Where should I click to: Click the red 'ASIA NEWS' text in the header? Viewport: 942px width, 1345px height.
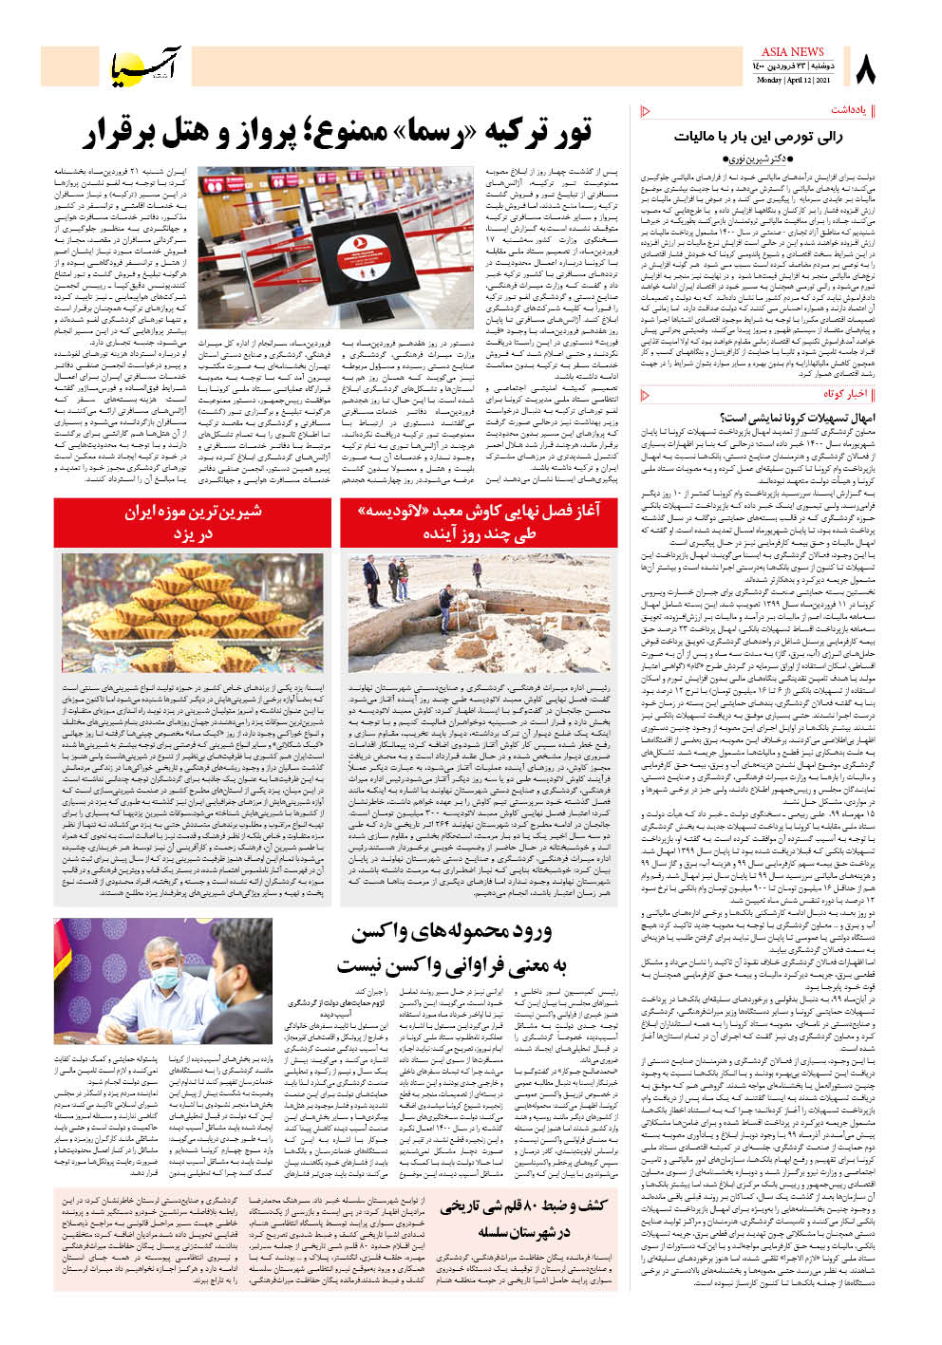pyautogui.click(x=792, y=52)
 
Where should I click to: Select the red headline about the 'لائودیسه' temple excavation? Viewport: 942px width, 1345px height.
pyautogui.click(x=479, y=523)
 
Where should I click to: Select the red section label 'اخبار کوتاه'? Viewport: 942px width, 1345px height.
pyautogui.click(x=845, y=394)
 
